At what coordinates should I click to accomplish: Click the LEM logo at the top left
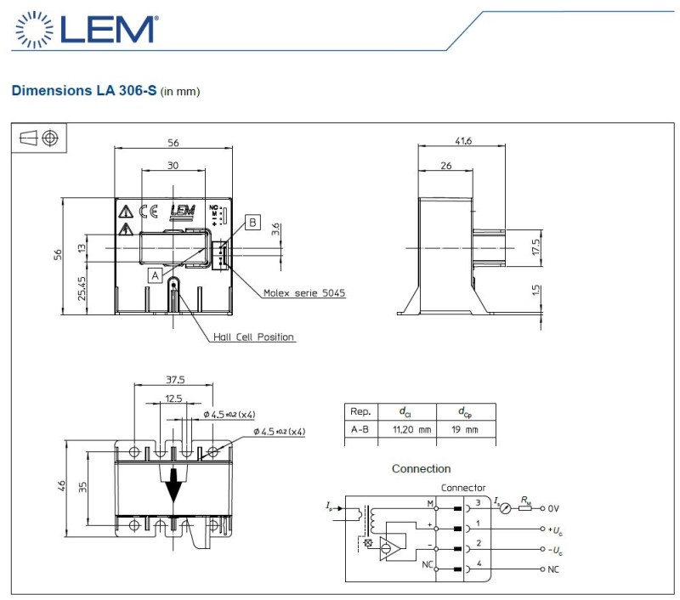84,28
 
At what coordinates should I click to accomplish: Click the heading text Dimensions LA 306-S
83,89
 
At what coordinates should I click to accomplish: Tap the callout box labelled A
154,275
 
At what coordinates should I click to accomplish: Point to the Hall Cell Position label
253,337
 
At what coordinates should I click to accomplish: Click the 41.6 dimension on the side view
463,142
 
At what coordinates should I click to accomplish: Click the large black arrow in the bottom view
174,485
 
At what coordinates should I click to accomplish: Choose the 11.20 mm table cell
411,430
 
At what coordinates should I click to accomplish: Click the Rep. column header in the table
360,411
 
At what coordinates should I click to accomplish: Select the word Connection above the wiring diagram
421,468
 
